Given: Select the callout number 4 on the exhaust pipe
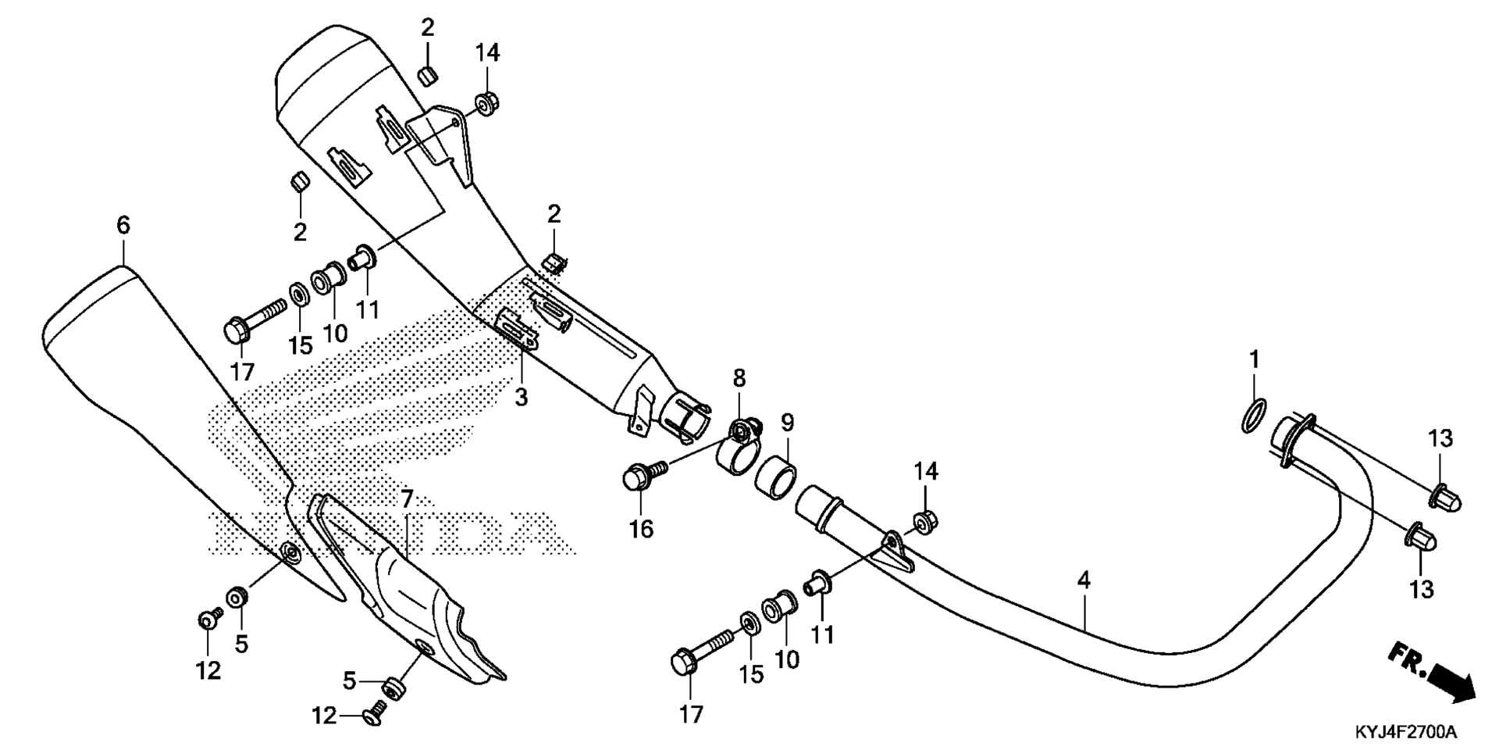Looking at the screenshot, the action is coord(1084,580).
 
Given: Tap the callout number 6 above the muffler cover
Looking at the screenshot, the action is coord(123,226).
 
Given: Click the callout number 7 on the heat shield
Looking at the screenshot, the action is coord(406,498).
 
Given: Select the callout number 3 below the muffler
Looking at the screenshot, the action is coord(522,398).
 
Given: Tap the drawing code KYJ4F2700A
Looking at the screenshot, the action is coord(1405,732).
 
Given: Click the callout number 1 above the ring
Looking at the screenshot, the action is coord(1254,360).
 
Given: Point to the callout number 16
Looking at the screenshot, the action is coord(642,529).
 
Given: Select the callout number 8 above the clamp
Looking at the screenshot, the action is coord(739,379).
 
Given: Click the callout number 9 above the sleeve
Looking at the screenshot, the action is coord(787,423).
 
